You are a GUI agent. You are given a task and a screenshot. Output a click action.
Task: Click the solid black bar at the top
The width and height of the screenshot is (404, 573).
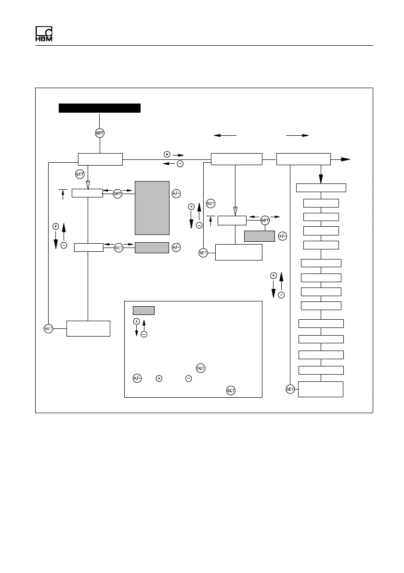(x=99, y=107)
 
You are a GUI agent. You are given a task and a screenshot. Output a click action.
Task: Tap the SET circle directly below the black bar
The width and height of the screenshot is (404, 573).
(x=99, y=133)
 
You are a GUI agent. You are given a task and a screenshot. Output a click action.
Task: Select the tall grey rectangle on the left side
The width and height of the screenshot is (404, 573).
(x=152, y=208)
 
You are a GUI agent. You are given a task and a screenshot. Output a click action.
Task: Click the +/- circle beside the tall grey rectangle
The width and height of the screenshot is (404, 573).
(x=176, y=194)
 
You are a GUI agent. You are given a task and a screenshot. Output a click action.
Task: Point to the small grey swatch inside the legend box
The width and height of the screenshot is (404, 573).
(x=143, y=310)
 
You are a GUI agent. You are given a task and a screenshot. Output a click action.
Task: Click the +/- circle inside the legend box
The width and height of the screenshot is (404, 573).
(x=137, y=378)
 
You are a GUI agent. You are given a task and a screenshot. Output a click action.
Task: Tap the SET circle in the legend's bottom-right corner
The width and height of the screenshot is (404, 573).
(x=231, y=391)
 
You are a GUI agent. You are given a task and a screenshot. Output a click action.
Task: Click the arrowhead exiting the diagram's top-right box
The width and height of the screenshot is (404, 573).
(x=345, y=159)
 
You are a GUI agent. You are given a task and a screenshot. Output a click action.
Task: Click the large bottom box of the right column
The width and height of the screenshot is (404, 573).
(x=321, y=389)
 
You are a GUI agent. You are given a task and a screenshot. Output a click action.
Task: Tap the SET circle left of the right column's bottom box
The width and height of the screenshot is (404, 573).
(x=290, y=389)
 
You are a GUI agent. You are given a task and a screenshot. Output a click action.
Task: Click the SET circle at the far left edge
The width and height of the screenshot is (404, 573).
(x=48, y=328)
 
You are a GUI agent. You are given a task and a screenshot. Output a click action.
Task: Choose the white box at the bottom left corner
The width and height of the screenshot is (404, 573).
(x=88, y=328)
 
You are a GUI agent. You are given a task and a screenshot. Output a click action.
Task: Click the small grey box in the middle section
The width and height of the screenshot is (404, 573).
(x=259, y=236)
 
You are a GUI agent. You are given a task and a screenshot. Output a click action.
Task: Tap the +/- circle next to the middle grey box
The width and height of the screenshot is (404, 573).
(x=282, y=236)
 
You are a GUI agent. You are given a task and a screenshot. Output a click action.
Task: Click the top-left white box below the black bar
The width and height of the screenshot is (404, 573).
(x=100, y=159)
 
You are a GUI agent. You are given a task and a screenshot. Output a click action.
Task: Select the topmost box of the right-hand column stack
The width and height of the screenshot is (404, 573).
(x=321, y=188)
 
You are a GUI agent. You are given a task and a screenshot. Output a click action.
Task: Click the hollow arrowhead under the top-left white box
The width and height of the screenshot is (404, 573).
(x=88, y=184)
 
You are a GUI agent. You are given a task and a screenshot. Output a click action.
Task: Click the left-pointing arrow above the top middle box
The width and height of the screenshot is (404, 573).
(x=224, y=136)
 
